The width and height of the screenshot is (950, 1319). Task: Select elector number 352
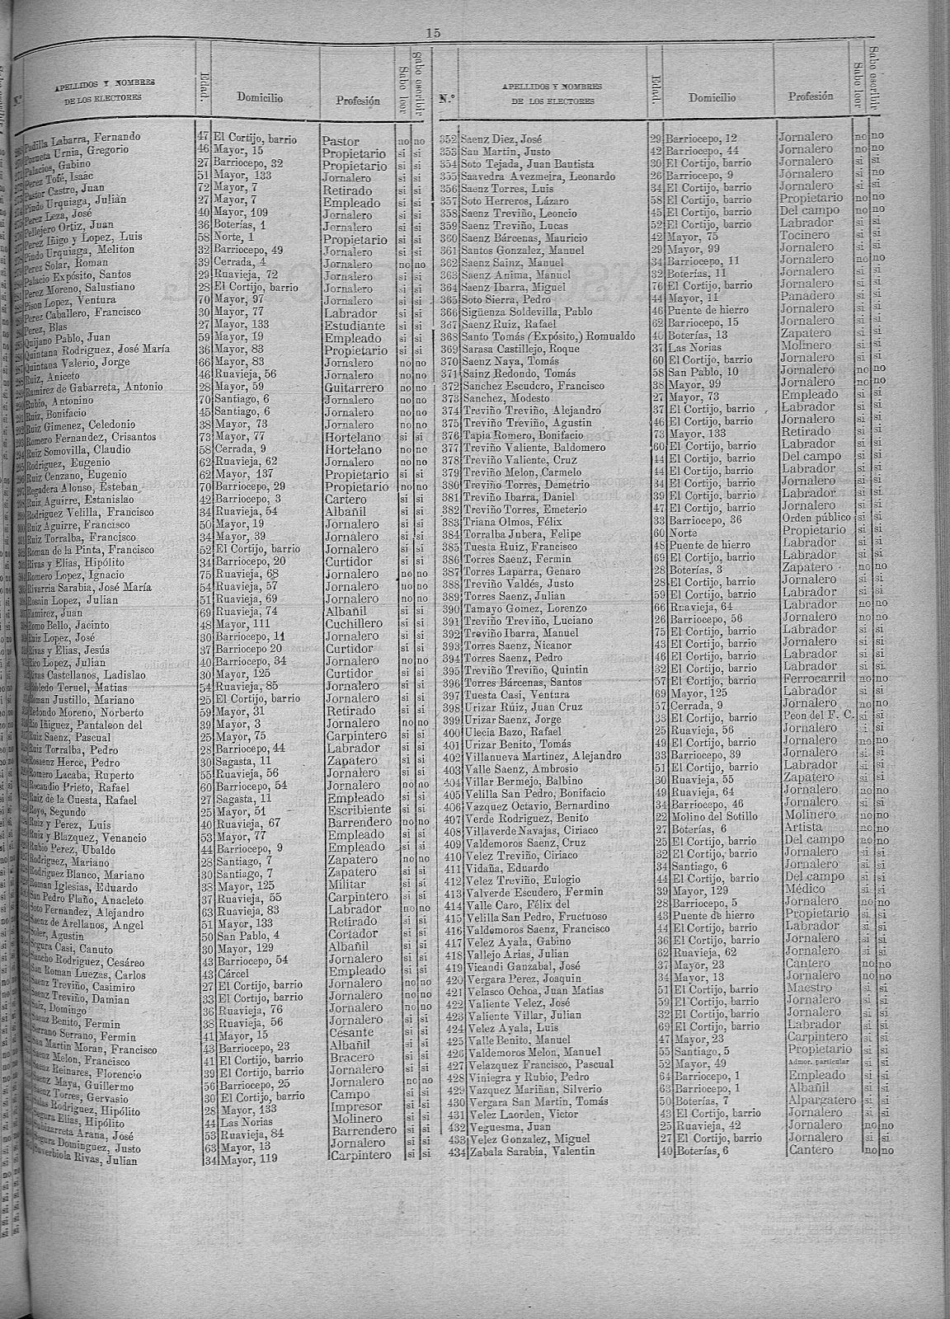click(449, 136)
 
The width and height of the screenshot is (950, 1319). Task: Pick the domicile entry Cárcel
click(229, 971)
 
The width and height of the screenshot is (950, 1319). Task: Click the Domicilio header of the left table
click(260, 97)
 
